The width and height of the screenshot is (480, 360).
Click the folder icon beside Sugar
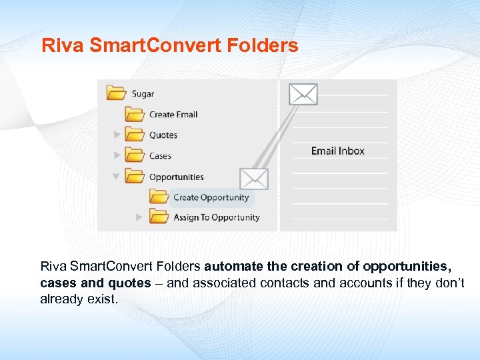[x=117, y=93]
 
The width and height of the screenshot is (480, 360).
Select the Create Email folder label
[x=173, y=115]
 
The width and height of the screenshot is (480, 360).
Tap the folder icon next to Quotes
[x=135, y=135]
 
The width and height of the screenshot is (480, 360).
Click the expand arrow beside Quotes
[x=117, y=135]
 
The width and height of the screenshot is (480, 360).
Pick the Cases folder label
[x=160, y=156]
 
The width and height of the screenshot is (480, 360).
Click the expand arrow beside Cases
[x=117, y=155]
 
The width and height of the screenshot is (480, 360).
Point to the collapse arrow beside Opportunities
[x=117, y=177]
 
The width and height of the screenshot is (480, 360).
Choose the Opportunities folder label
[x=176, y=177]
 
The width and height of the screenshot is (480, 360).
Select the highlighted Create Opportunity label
[x=211, y=197]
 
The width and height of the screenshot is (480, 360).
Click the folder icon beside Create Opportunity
[x=159, y=197]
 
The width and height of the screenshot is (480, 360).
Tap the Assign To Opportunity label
[x=216, y=217]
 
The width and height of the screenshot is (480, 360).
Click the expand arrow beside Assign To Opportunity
[x=139, y=217]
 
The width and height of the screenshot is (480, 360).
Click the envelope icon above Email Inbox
[x=303, y=94]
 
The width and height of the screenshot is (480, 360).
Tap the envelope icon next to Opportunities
[x=254, y=178]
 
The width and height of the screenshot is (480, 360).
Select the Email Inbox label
[x=338, y=151]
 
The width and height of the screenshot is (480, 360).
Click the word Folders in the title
[x=266, y=46]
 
